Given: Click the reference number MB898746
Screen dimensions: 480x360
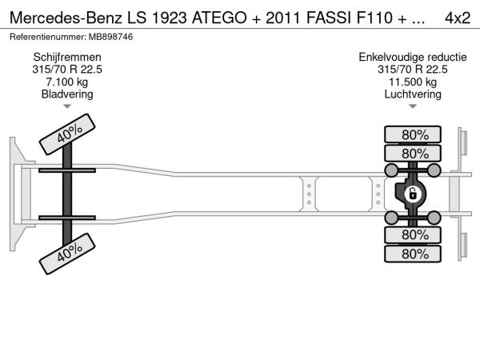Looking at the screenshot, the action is point(111,37).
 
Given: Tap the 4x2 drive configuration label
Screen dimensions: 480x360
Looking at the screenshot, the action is point(458,18).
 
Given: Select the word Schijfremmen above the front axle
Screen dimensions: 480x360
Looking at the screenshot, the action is point(67,58).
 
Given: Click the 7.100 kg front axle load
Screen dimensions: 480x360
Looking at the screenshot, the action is point(67,82).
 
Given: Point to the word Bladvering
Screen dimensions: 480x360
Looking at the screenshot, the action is point(67,94).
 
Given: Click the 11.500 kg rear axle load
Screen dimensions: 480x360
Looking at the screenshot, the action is point(413,82).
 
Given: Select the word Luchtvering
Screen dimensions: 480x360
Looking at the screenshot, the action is point(413,94).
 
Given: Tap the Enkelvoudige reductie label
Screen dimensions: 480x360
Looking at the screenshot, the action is point(413,58).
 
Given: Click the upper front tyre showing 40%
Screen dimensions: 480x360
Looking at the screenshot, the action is point(67,134).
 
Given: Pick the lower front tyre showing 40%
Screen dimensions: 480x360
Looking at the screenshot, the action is point(67,254).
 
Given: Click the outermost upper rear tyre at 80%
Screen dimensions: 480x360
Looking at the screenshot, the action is point(413,134).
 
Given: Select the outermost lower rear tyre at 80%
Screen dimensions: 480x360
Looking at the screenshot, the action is point(413,254).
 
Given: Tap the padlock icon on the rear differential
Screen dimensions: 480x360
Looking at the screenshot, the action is point(412,194).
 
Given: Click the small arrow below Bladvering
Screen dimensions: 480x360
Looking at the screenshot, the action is point(67,106).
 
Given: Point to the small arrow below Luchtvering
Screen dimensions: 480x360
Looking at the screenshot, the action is point(413,106).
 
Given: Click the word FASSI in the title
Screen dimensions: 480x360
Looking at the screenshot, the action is point(329,18).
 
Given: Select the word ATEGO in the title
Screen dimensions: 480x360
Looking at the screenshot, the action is point(219,18).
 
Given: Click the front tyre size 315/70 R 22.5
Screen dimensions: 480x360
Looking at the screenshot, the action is point(67,70).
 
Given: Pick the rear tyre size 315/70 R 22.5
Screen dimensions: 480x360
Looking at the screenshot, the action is point(413,70).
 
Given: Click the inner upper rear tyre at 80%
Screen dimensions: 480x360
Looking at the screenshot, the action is point(413,154).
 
